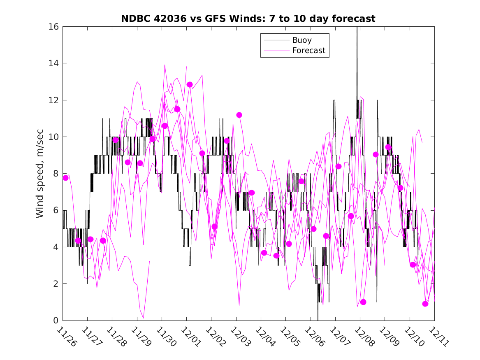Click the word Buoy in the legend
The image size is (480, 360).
click(x=302, y=40)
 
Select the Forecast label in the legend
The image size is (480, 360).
click(x=308, y=51)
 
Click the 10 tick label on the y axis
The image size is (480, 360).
click(x=54, y=137)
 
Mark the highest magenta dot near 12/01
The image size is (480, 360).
click(x=190, y=84)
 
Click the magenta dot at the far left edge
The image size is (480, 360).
click(x=65, y=178)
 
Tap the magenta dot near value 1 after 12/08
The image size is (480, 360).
click(x=363, y=302)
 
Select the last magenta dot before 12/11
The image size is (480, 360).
click(x=425, y=304)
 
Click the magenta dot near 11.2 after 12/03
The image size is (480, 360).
click(x=239, y=115)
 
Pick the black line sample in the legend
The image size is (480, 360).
click(x=276, y=40)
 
